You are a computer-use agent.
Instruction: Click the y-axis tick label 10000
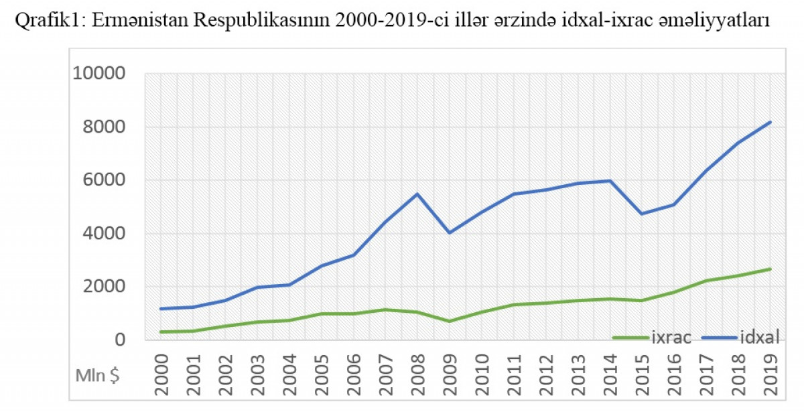98,74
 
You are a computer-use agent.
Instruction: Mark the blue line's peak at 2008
417,194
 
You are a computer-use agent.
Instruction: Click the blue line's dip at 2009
450,233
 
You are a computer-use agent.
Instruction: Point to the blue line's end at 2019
770,122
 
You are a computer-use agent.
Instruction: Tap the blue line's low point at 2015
642,214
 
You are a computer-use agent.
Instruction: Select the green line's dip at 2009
450,322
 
